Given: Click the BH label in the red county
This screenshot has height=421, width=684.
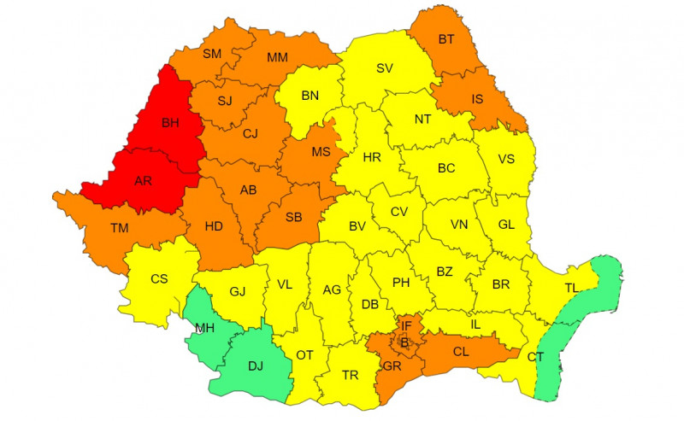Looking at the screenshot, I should (172, 123).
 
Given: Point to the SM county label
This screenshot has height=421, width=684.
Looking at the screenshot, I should (211, 54).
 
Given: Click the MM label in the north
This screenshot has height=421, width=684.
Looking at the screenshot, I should (277, 58).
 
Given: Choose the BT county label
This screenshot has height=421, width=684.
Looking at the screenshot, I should (445, 38).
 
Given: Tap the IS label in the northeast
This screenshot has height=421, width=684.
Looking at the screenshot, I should (477, 99).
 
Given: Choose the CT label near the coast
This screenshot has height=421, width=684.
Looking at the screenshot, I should (535, 356).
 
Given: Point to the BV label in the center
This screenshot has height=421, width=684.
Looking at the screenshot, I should (357, 226).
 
